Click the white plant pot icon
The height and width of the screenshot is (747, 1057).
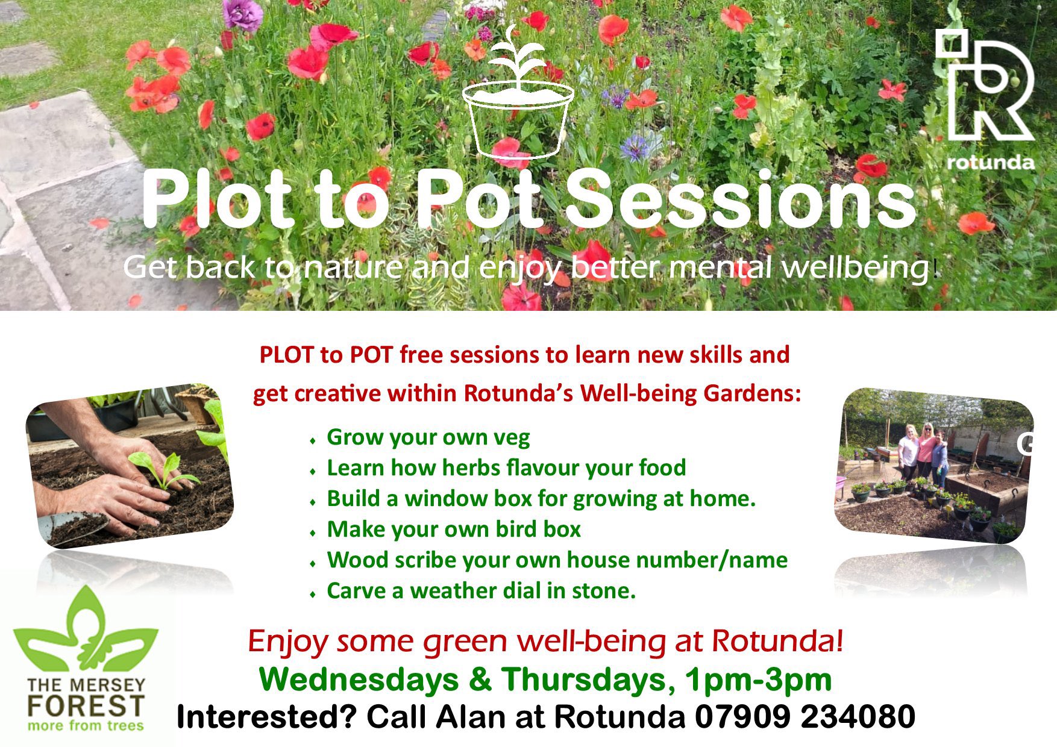pyautogui.click(x=518, y=102)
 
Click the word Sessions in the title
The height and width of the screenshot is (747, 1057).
pyautogui.click(x=740, y=200)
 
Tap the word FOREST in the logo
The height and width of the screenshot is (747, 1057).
pyautogui.click(x=86, y=705)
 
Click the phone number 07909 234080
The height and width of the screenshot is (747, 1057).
pyautogui.click(x=805, y=717)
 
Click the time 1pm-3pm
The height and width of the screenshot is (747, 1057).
pyautogui.click(x=758, y=680)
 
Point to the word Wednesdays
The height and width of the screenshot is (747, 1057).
pyautogui.click(x=359, y=680)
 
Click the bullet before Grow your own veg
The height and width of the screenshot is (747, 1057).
pyautogui.click(x=312, y=441)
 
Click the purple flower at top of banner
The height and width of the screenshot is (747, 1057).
pyautogui.click(x=242, y=14)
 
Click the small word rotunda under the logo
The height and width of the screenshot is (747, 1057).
pyautogui.click(x=990, y=162)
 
